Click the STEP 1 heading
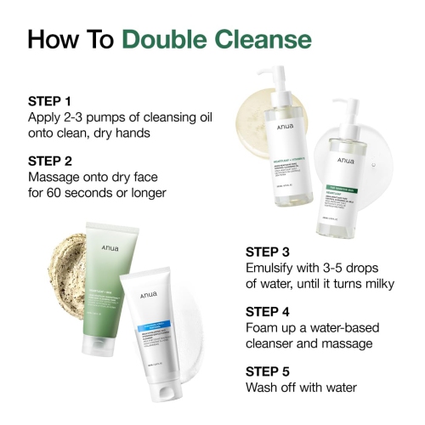point(50,100)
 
